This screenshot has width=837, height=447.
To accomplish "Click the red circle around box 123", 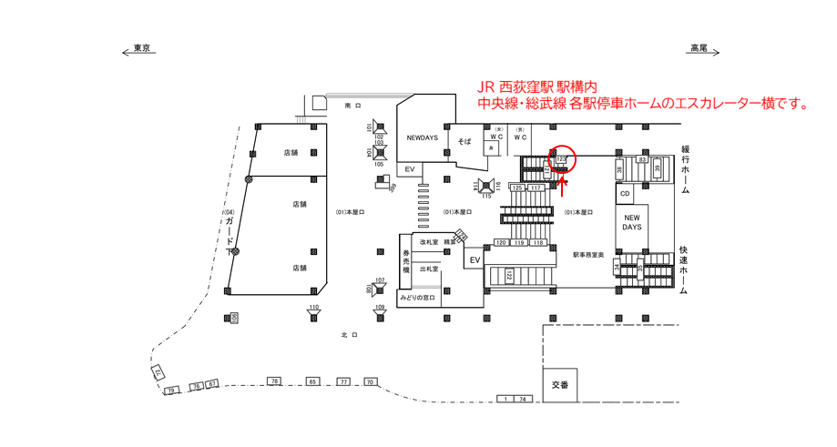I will tap(562, 158).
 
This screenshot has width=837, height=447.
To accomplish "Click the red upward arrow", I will tap(562, 185).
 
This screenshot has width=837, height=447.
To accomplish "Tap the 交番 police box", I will tap(560, 385).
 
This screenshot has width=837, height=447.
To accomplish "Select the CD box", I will tap(625, 194).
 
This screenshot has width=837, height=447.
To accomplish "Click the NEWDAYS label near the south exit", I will tap(422, 137).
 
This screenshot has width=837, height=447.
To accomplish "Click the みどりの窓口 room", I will tap(417, 298).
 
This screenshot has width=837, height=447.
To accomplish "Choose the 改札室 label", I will tap(430, 242).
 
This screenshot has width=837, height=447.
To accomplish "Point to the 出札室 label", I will tap(428, 269).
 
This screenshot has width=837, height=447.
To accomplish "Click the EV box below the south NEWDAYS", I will tap(409, 169).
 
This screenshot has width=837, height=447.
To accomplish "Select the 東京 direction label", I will tap(141, 48).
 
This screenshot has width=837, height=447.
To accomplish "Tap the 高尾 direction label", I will tap(698, 48).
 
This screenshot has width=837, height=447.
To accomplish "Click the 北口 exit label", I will tap(346, 335).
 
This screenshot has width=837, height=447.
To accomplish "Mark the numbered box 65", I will tap(312, 381).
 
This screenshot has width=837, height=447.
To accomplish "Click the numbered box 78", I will tap(272, 380).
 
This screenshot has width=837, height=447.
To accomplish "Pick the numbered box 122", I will tap(509, 276).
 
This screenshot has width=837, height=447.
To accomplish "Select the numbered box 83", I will tap(642, 160).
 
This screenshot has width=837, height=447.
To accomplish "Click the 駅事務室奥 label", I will tap(588, 255).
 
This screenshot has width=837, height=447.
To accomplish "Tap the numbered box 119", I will tap(519, 243).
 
